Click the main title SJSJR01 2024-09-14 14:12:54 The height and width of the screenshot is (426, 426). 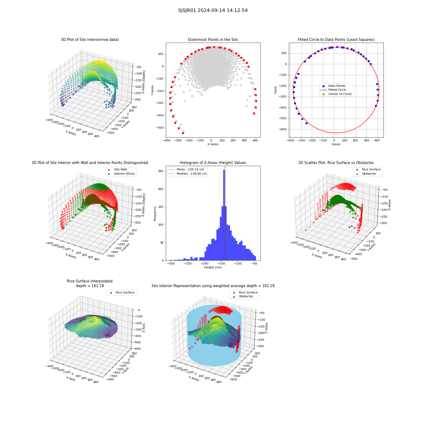pos(213,10)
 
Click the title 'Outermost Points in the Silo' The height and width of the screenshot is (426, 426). pos(213,40)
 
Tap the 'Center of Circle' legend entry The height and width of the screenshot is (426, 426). pos(337,94)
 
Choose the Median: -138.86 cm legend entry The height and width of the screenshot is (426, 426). pos(187,174)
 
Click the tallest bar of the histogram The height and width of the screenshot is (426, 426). pos(224,215)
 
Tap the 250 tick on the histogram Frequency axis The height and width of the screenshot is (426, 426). pos(161,171)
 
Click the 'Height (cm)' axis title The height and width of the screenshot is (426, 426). pos(213,268)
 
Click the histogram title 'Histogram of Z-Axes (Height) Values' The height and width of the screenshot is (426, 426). pos(213,163)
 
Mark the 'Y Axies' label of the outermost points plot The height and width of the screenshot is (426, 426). pos(152,90)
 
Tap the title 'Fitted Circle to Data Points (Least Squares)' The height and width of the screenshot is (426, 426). pos(336,40)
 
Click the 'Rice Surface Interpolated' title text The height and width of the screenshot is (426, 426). pos(89,281)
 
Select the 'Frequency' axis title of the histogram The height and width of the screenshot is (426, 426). pos(155,213)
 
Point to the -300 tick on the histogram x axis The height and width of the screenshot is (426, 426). pos(171,264)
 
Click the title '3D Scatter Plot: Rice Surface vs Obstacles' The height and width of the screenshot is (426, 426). pos(336,163)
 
